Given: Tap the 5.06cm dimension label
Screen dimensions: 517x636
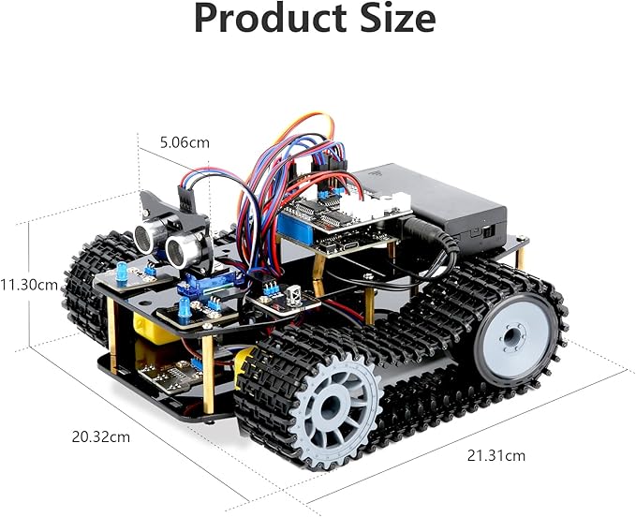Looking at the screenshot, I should click(x=185, y=142).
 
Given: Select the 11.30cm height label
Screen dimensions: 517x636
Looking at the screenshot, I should click(x=29, y=283).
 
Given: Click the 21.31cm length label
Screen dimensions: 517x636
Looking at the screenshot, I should click(x=495, y=455).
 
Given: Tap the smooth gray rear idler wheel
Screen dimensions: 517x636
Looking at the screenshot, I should click(x=513, y=335).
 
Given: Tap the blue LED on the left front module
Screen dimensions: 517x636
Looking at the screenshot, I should click(x=122, y=273).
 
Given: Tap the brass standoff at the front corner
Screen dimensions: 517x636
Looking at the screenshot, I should click(x=208, y=375).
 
